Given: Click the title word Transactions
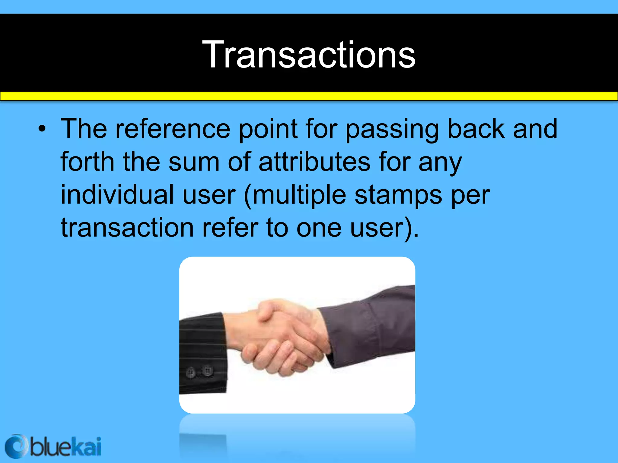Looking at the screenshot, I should [309, 55].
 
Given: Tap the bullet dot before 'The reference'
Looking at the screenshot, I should [42, 129].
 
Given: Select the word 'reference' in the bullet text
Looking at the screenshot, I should [173, 129].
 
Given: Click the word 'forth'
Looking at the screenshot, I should [87, 162].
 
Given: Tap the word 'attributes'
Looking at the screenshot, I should [314, 162].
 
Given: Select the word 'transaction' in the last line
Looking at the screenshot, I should [127, 228].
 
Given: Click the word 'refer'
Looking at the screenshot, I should [230, 228].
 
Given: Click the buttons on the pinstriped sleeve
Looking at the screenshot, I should [199, 371].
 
